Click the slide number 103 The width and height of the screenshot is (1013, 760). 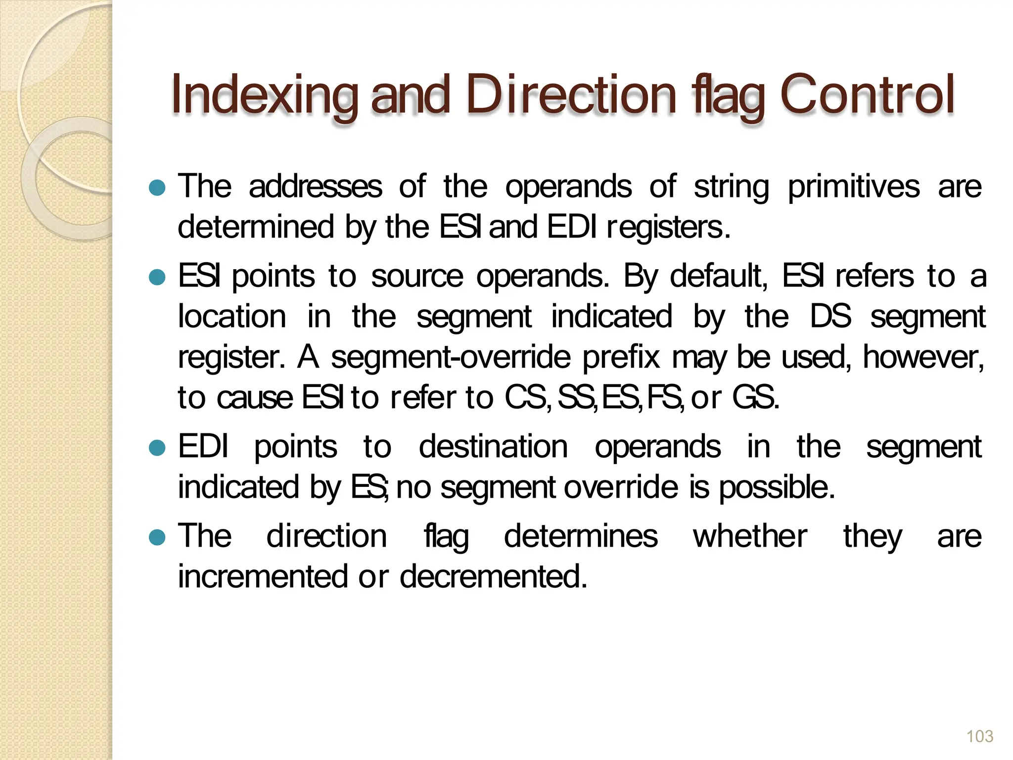(x=979, y=737)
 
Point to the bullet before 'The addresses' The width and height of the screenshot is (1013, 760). (x=157, y=188)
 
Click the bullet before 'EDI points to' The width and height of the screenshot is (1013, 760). (x=157, y=448)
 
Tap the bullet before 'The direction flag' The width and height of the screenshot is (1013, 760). (x=157, y=537)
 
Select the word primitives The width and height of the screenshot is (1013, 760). (x=853, y=188)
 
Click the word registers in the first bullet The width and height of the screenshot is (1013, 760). (x=667, y=228)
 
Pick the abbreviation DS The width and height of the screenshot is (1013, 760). (x=830, y=317)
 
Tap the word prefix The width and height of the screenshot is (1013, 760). (x=621, y=357)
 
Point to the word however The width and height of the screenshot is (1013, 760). (x=923, y=357)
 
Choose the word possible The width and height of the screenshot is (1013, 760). (x=776, y=488)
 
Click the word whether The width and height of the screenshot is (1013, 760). (x=750, y=536)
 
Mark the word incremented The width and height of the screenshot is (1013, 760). (x=263, y=577)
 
